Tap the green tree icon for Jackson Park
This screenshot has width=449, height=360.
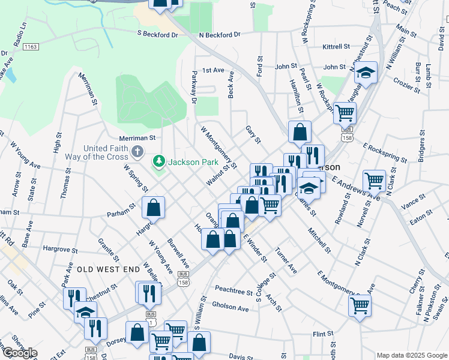pos(159,161)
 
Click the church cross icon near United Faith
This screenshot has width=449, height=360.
pos(137,149)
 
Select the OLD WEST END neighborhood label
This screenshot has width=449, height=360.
pos(108,269)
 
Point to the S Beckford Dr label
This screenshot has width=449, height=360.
pos(157,35)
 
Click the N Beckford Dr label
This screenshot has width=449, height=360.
pos(219,35)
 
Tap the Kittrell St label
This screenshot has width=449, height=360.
pos(336,46)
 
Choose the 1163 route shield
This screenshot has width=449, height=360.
pos(32,46)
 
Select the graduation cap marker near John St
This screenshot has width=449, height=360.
pos(365,73)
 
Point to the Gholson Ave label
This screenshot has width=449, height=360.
pos(230,308)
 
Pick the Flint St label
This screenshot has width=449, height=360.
pos(322,333)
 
